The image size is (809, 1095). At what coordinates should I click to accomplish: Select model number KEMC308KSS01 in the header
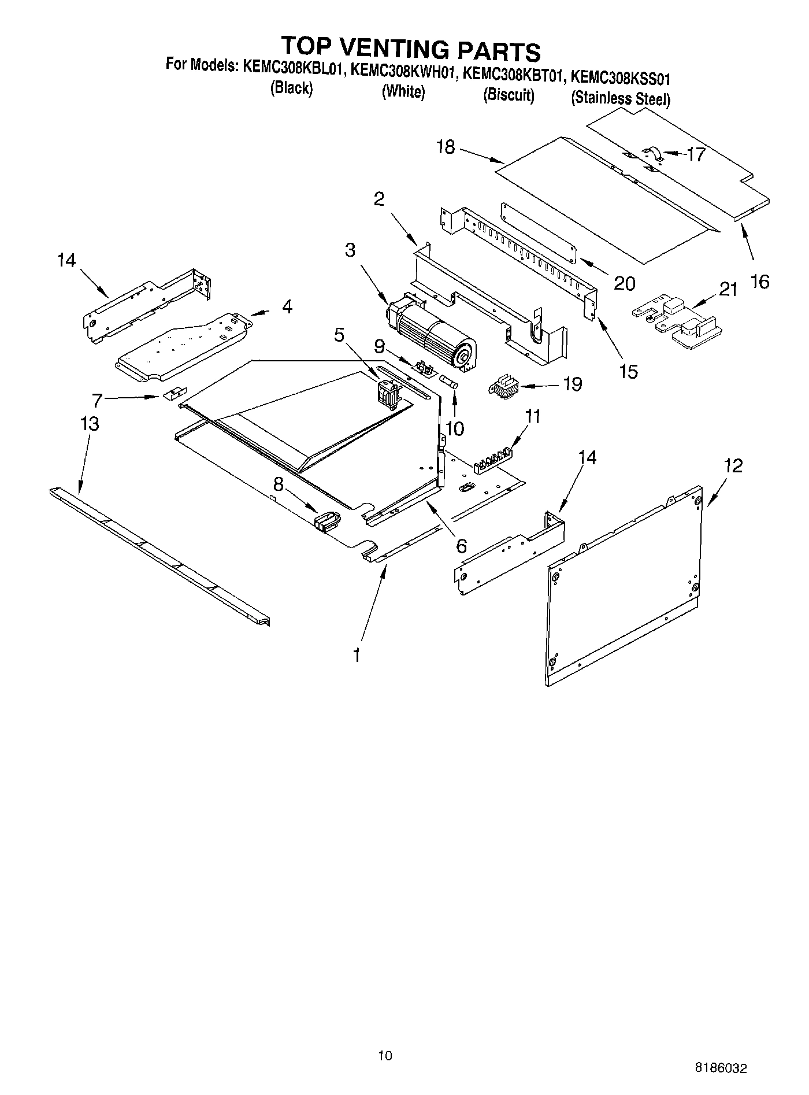point(620,77)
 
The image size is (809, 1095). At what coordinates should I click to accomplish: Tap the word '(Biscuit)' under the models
point(509,95)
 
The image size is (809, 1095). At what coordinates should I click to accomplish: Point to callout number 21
point(728,289)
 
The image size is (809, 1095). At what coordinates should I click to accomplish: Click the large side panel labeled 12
point(624,584)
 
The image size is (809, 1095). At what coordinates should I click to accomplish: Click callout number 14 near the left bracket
point(66,261)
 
